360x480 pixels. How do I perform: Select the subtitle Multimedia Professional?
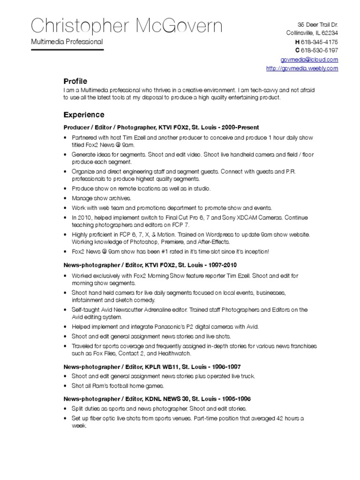pos(67,42)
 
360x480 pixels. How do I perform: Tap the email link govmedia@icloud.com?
pos(309,60)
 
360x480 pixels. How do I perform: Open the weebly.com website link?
pos(302,68)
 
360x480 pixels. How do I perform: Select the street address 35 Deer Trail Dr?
pos(318,24)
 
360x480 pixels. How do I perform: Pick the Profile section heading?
pos(75,81)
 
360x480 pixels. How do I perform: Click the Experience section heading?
pos(84,115)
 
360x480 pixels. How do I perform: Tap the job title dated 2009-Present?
pos(161,127)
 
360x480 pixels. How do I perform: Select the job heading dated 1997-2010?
pos(153,265)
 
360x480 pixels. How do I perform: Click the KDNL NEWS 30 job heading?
pos(157,399)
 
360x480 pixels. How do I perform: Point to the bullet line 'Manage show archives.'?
pos(101,198)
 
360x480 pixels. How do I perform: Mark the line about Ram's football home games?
pos(118,386)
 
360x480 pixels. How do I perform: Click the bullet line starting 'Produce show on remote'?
pos(141,188)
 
